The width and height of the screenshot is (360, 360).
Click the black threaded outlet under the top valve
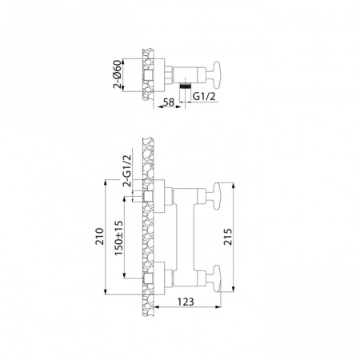point(186,82)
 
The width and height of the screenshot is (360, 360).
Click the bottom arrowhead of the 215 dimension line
point(232,291)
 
